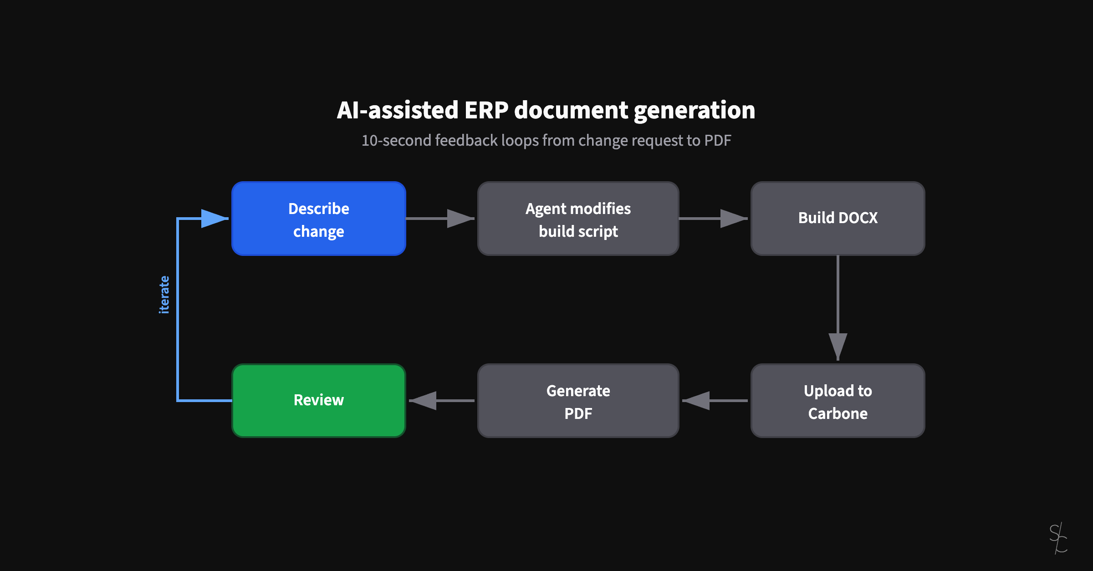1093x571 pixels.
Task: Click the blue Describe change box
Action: [318, 219]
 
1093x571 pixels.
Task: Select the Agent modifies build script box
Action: [578, 219]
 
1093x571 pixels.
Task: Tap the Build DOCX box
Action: [838, 218]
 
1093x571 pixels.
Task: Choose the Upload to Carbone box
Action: [838, 401]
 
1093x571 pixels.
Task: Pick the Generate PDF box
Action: [578, 401]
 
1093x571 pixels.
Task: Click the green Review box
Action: [318, 400]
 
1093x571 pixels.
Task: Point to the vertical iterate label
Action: [164, 295]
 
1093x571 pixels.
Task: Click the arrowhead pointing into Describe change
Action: [214, 219]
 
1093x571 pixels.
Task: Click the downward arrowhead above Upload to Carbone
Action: [838, 346]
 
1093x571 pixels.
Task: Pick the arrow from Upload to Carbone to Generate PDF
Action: [715, 401]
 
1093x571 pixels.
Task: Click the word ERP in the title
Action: [486, 110]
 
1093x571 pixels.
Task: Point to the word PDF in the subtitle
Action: [717, 140]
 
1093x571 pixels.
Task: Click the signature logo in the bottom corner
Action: [1058, 538]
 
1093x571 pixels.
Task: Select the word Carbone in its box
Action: [838, 413]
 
